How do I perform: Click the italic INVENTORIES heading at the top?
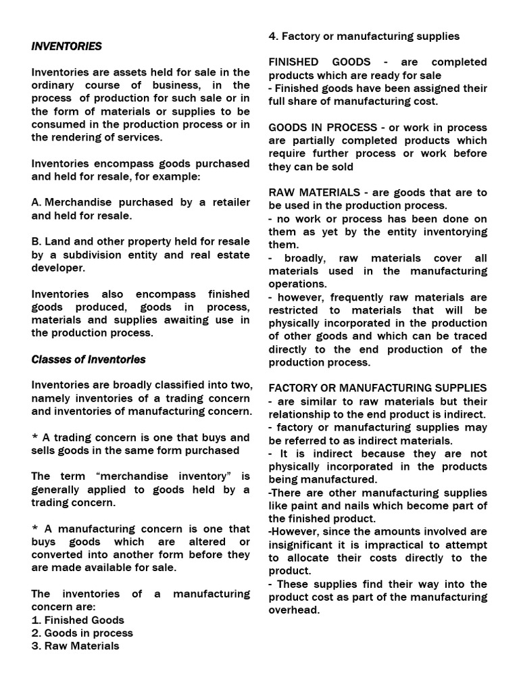pyautogui.click(x=66, y=46)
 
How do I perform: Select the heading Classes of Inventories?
pyautogui.click(x=89, y=359)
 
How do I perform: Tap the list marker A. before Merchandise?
pyautogui.click(x=38, y=203)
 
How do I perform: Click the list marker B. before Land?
pyautogui.click(x=37, y=242)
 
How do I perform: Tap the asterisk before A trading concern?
pyautogui.click(x=36, y=437)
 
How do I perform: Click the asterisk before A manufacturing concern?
pyautogui.click(x=36, y=528)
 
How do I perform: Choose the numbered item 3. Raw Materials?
pyautogui.click(x=75, y=645)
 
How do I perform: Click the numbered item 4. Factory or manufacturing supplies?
pyautogui.click(x=364, y=36)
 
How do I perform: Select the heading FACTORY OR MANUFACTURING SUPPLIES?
pyautogui.click(x=377, y=388)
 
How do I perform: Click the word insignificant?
pyautogui.click(x=304, y=545)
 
